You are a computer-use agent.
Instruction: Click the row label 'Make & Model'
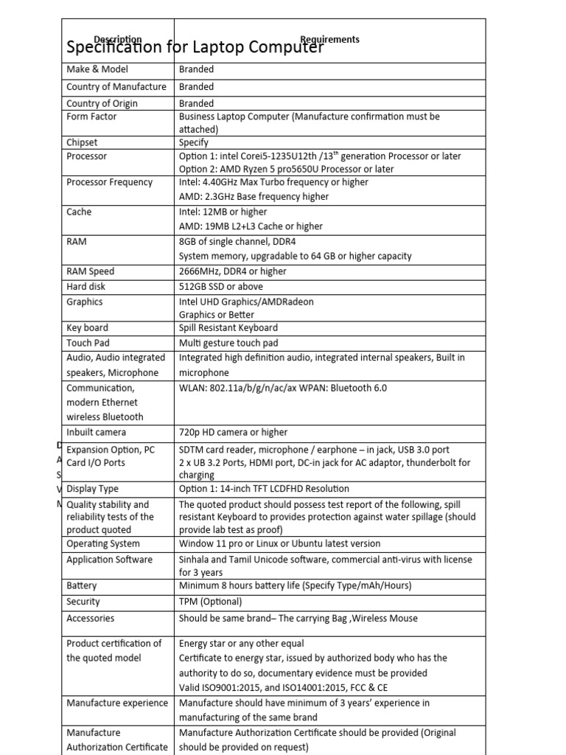[97, 69]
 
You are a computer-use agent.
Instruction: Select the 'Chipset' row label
[82, 142]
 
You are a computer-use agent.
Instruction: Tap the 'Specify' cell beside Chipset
[194, 142]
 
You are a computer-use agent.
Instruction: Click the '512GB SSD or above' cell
[221, 287]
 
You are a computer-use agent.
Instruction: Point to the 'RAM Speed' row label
[91, 271]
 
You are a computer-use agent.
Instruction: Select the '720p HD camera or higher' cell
[234, 432]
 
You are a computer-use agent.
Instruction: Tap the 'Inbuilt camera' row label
[97, 432]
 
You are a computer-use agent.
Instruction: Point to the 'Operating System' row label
[103, 543]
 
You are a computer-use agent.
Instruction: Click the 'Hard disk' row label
[87, 287]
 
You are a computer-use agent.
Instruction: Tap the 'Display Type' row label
[93, 488]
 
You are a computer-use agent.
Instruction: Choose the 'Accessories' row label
[91, 618]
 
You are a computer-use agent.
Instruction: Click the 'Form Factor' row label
[91, 116]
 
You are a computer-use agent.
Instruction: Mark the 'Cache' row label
[80, 212]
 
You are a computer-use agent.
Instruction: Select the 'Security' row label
[83, 602]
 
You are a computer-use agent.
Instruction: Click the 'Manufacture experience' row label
[117, 703]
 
